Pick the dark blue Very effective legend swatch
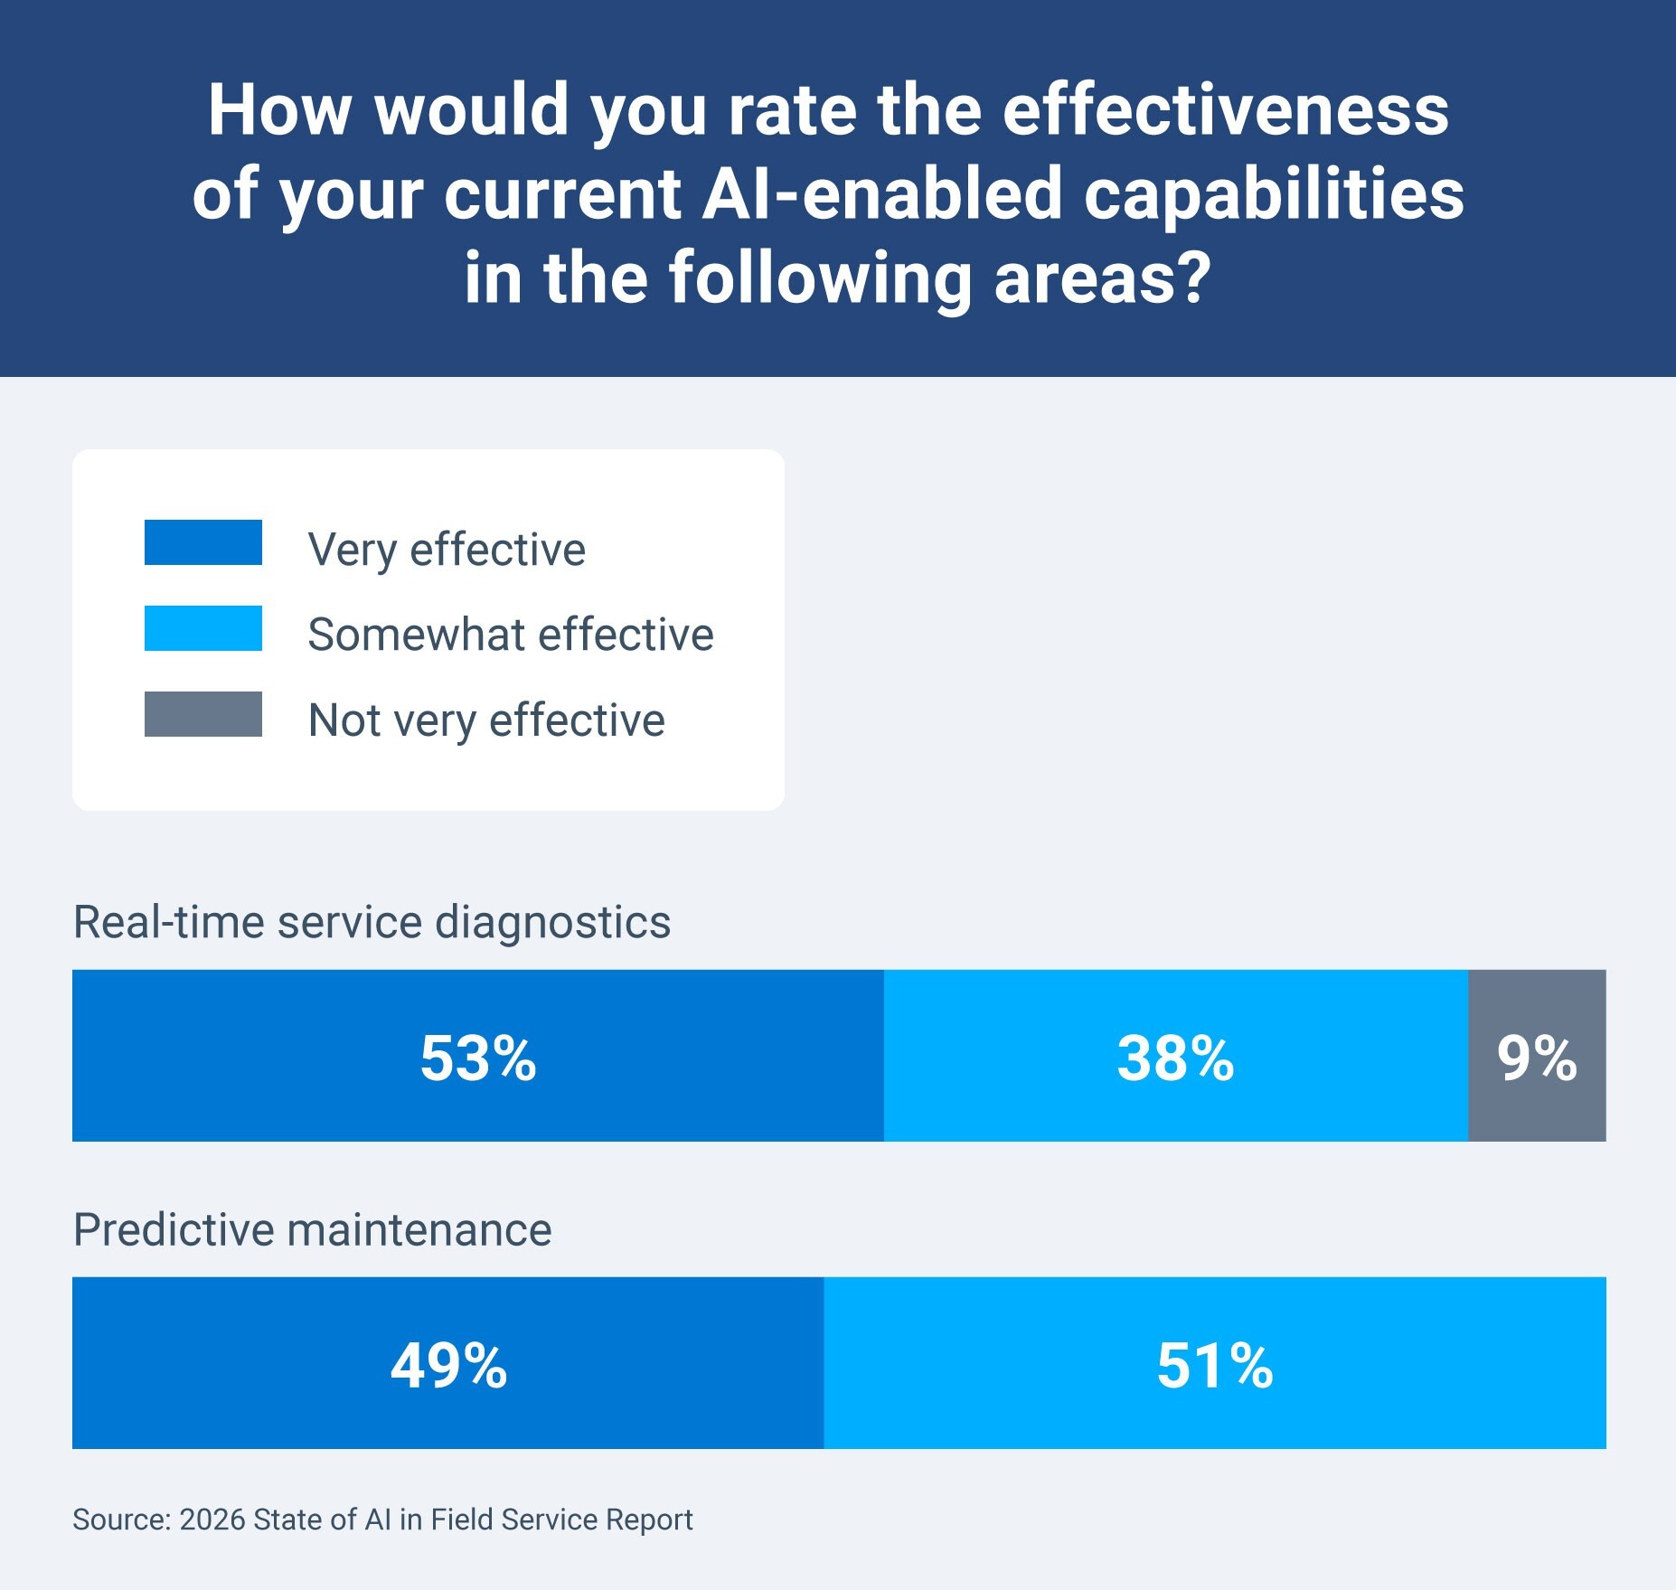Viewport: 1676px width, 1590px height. pyautogui.click(x=203, y=542)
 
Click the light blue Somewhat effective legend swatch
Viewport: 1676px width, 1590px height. pyautogui.click(x=203, y=628)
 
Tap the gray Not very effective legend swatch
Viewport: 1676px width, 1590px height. pyautogui.click(x=203, y=714)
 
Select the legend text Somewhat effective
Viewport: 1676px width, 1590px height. pyautogui.click(x=511, y=635)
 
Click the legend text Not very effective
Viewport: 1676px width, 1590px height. pyautogui.click(x=486, y=720)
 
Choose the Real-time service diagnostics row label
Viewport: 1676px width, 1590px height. pyautogui.click(x=372, y=923)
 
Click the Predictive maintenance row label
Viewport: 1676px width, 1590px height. pyautogui.click(x=312, y=1230)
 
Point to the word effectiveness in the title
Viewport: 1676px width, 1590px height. pyautogui.click(x=1225, y=110)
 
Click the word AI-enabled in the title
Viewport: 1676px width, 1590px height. pyautogui.click(x=881, y=194)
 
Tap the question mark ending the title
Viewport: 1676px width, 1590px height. pyautogui.click(x=1193, y=278)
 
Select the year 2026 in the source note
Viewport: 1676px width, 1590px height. pyautogui.click(x=212, y=1519)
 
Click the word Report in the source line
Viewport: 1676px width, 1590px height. pyautogui.click(x=648, y=1519)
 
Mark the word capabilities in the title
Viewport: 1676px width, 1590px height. pyautogui.click(x=1274, y=194)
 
